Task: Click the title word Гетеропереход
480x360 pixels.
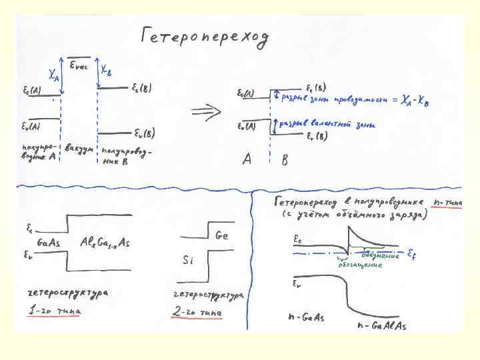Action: pos(204,39)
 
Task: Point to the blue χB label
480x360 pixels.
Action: pos(106,69)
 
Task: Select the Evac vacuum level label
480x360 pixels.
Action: pos(82,65)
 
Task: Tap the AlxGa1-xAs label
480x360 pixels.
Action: pos(104,243)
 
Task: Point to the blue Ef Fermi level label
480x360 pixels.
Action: pos(413,254)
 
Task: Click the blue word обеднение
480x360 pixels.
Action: pos(381,255)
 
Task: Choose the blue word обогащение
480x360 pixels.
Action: pos(359,265)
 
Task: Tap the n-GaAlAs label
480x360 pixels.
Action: pos(381,325)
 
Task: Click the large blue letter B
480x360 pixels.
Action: pos(285,161)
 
